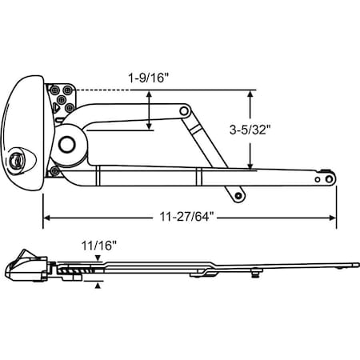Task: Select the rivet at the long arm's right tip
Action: tap(326, 181)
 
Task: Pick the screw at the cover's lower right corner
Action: tap(54, 169)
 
